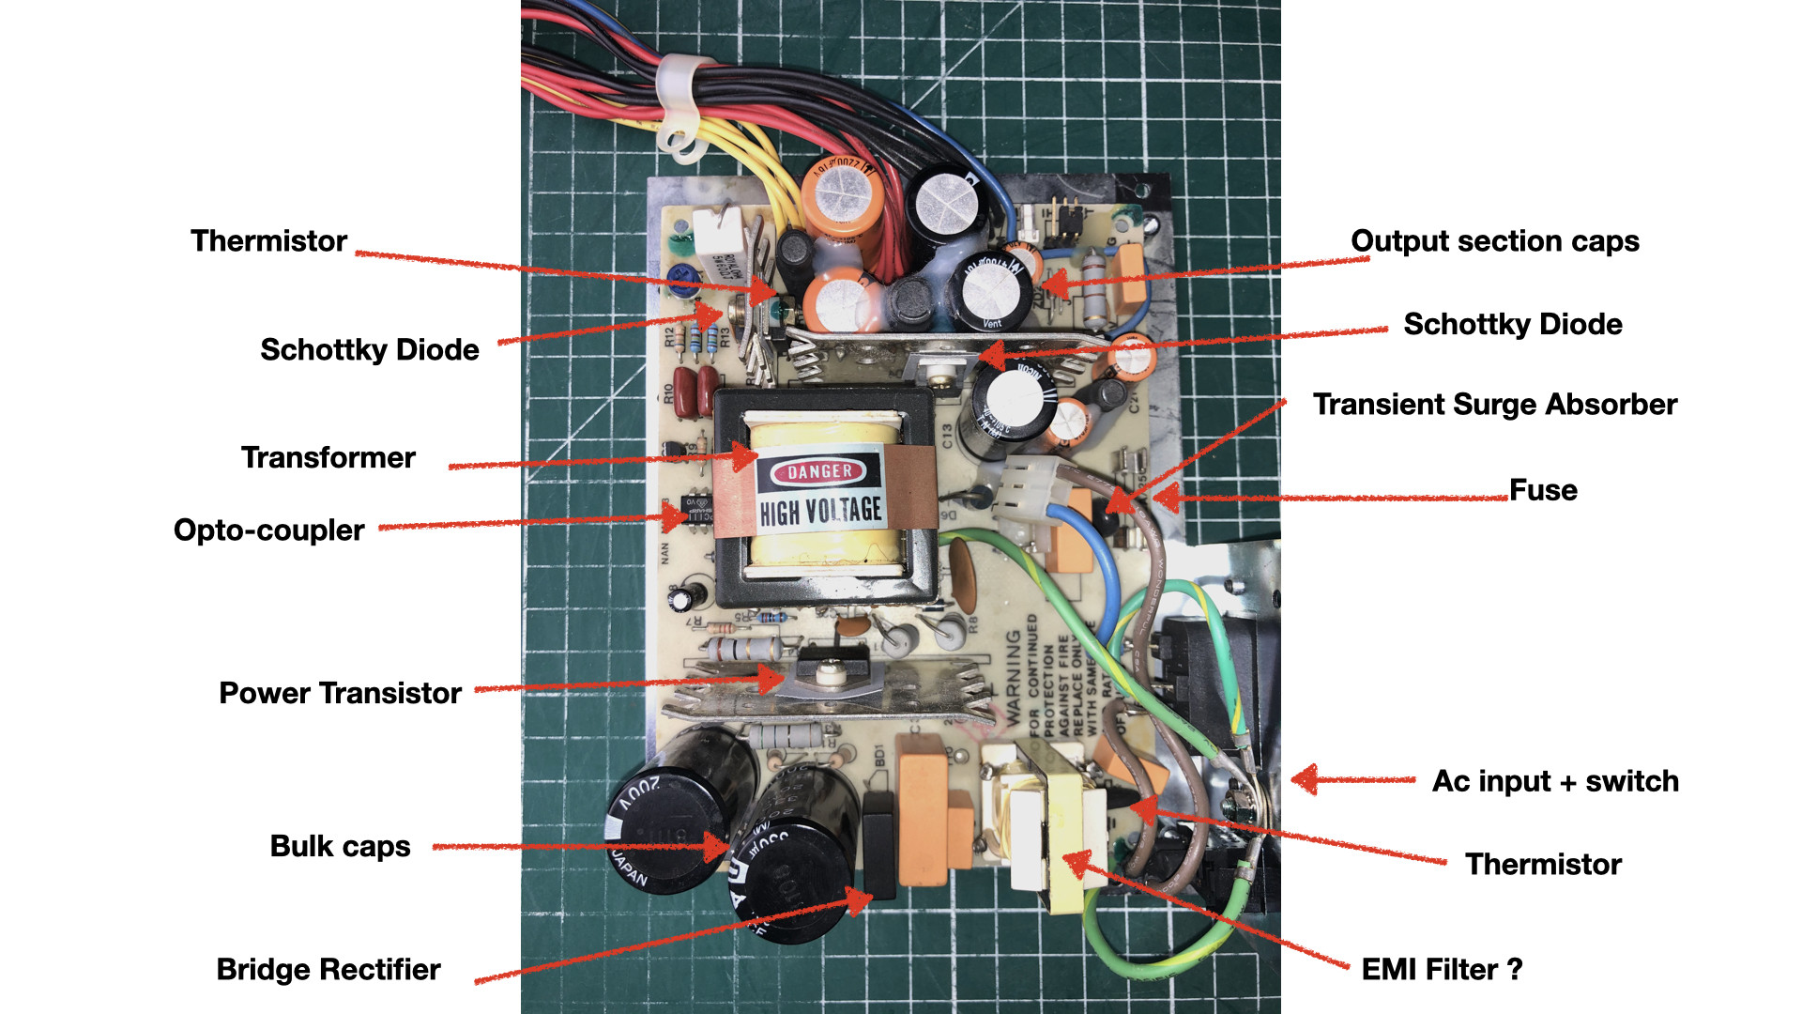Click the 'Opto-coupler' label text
[268, 530]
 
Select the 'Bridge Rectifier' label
[328, 970]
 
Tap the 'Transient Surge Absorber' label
[1494, 405]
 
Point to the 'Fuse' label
[1543, 490]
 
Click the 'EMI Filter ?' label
[1442, 970]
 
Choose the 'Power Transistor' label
[340, 694]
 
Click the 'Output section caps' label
[1494, 241]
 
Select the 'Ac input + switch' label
[1554, 781]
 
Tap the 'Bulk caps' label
[340, 847]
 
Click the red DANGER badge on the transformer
[819, 471]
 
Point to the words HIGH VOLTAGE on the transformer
[820, 512]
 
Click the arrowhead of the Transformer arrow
[747, 457]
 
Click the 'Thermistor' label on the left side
[268, 241]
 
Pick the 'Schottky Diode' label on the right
[1512, 325]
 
